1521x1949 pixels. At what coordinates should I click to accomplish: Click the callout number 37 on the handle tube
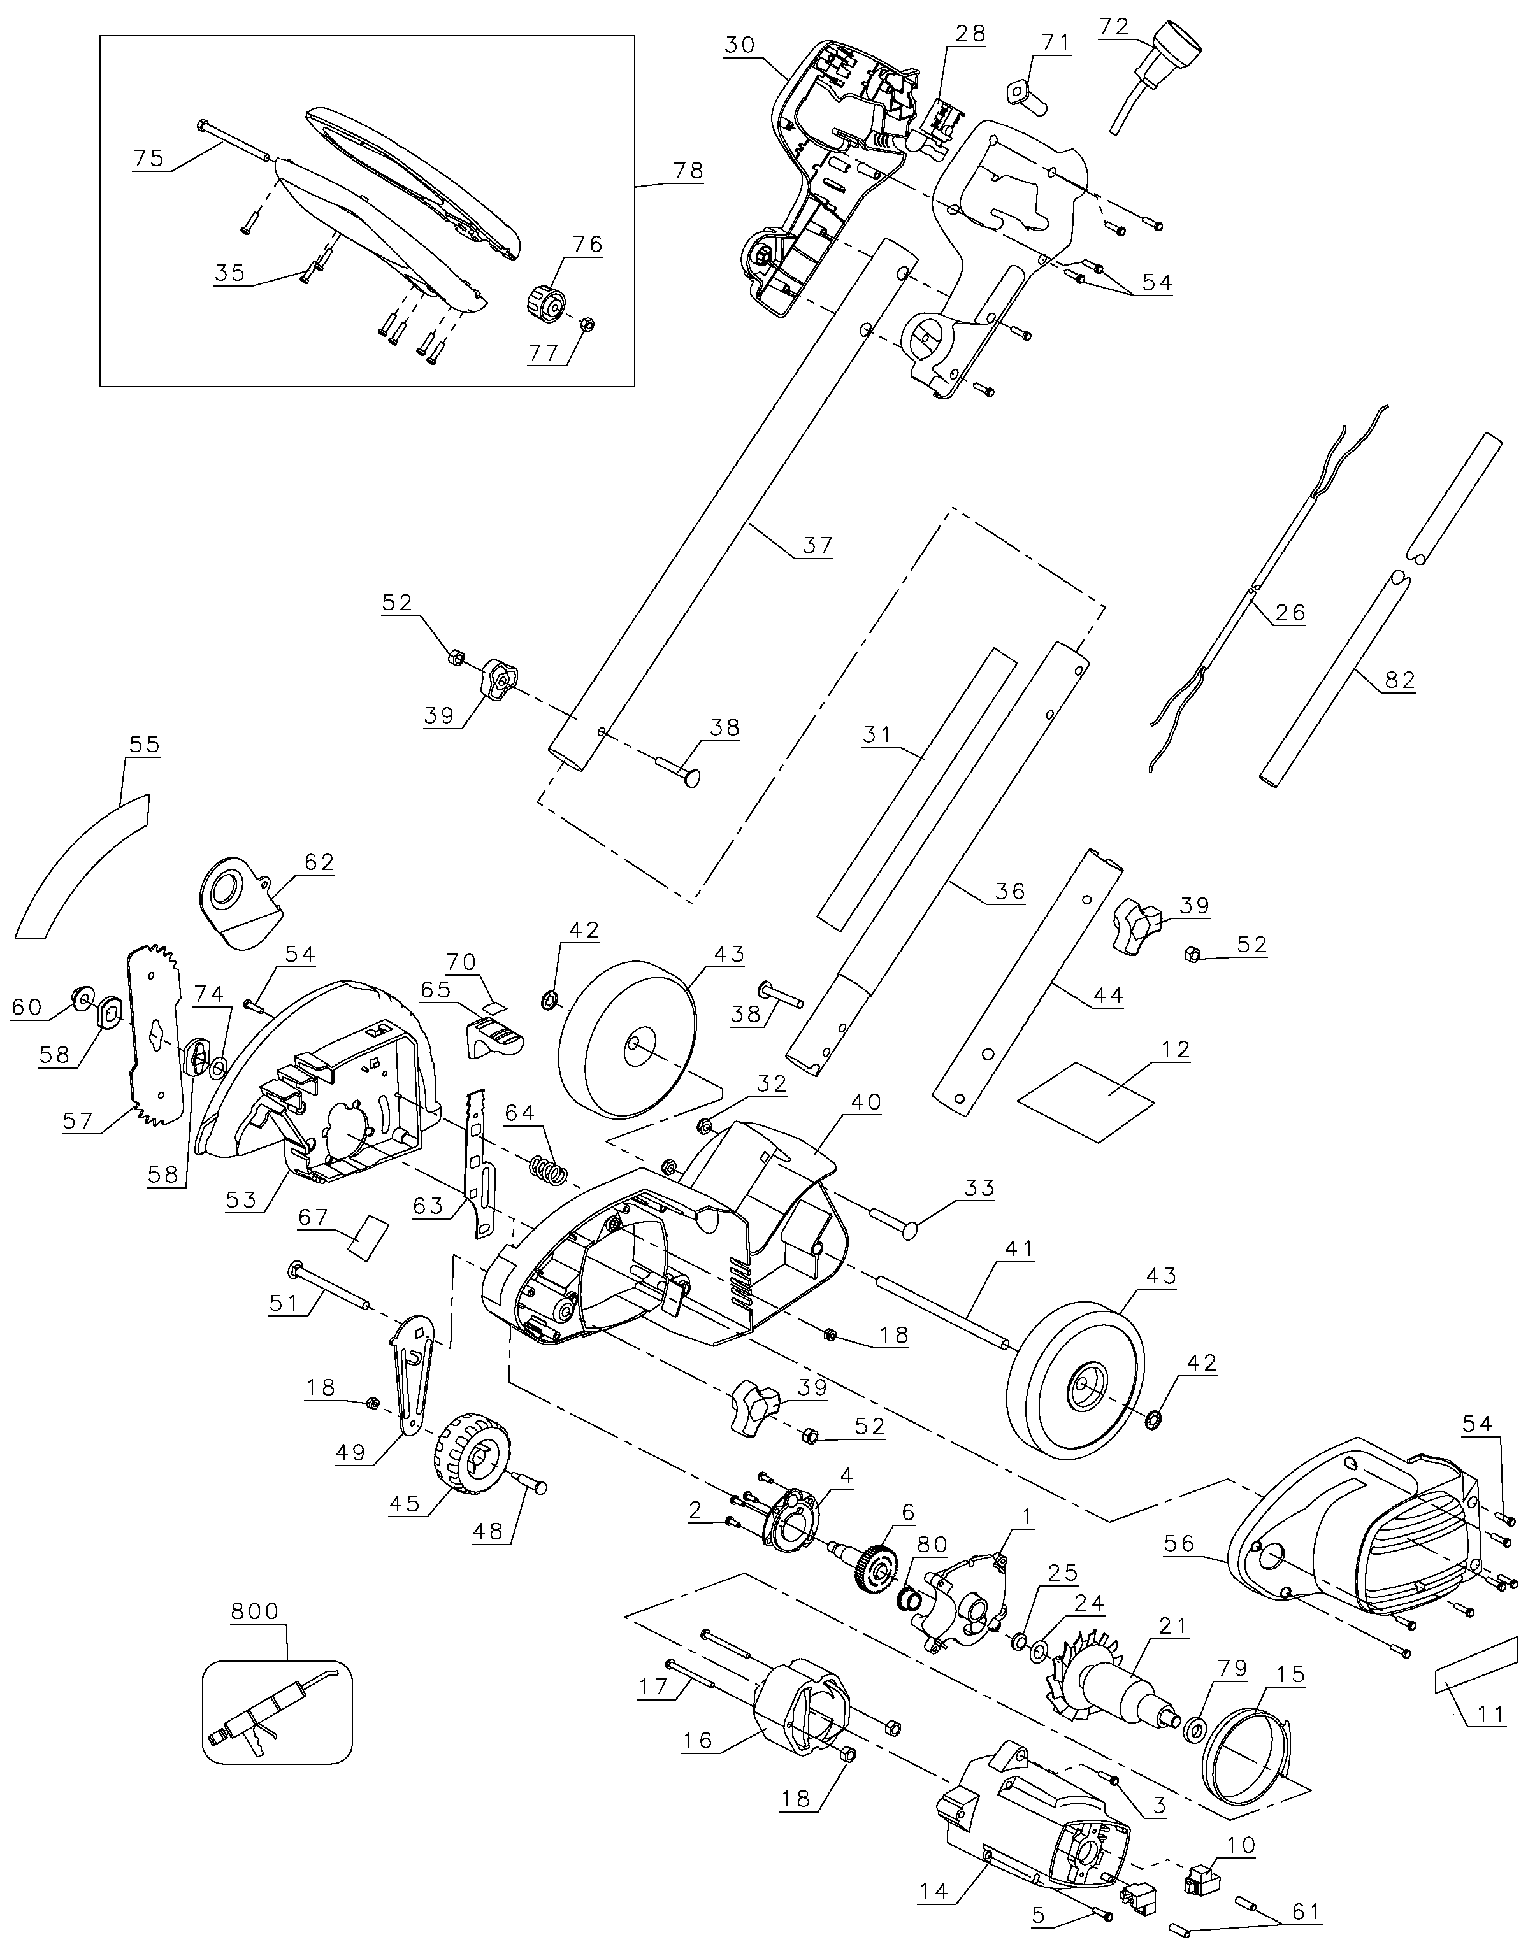(x=817, y=545)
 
